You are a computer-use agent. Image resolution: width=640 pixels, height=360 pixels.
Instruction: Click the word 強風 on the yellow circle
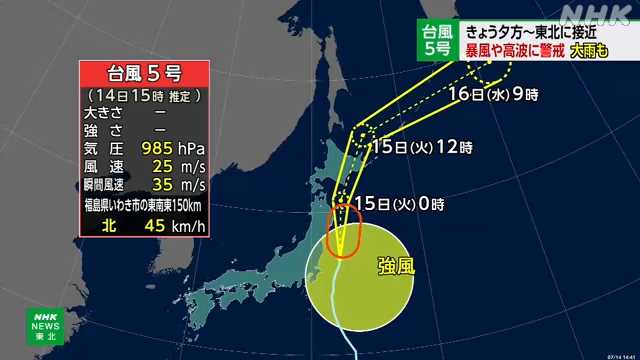tap(398, 266)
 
